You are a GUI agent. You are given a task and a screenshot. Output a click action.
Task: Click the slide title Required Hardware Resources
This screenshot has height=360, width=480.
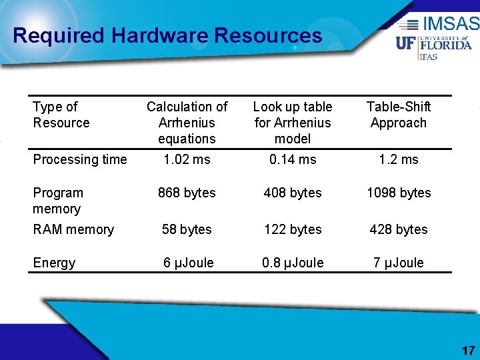click(x=167, y=35)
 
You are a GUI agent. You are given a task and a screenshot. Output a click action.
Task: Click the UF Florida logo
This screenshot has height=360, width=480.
click(x=434, y=44)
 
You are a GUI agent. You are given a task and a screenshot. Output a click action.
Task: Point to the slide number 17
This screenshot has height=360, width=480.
click(x=468, y=351)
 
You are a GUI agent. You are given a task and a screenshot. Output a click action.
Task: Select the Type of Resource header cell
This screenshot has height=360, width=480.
click(x=61, y=115)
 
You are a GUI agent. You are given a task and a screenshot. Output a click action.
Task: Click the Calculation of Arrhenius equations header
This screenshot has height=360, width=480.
click(x=187, y=123)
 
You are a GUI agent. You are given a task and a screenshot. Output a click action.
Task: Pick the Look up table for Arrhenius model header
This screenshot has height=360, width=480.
click(x=293, y=123)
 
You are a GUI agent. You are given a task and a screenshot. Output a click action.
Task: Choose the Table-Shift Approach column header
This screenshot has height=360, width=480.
click(x=399, y=115)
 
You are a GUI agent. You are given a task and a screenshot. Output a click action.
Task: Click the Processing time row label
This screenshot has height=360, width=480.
click(x=79, y=159)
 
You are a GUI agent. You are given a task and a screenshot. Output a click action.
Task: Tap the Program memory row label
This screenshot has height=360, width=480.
click(x=58, y=201)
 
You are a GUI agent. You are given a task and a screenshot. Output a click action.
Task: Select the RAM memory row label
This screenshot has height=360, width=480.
click(x=73, y=229)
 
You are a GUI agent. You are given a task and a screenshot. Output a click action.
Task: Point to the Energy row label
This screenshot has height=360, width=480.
click(x=54, y=263)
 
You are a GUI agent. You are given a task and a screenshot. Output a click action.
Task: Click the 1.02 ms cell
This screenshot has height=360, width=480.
click(x=187, y=159)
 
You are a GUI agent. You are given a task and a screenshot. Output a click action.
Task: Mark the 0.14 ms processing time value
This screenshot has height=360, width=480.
click(x=293, y=159)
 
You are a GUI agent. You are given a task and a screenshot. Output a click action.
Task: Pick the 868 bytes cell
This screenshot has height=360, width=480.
click(x=187, y=193)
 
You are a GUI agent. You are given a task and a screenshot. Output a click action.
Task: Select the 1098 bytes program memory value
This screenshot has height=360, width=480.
click(x=399, y=193)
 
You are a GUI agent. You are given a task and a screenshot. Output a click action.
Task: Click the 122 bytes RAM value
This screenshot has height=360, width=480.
click(x=293, y=229)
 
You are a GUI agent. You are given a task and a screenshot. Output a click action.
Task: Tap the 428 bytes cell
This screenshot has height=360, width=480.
click(x=399, y=229)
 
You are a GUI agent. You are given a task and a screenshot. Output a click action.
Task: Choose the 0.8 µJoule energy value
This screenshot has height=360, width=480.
click(x=293, y=263)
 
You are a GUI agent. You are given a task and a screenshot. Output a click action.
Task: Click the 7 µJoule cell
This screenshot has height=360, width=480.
click(x=399, y=263)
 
